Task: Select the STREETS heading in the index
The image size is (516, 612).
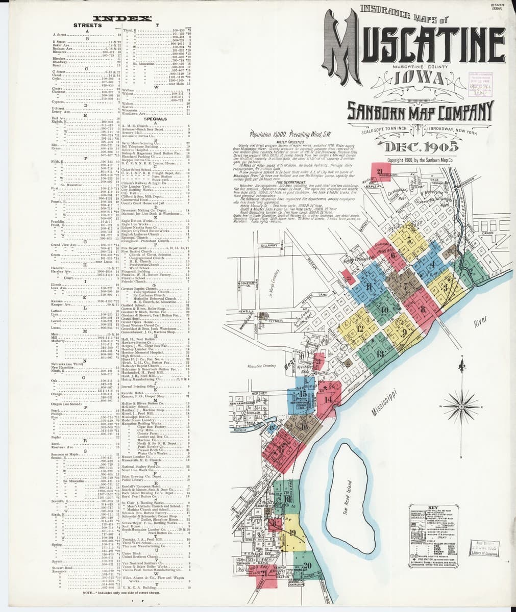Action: (x=87, y=25)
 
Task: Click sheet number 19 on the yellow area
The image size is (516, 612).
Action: (x=292, y=533)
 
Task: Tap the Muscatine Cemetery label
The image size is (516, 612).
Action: (x=261, y=366)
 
